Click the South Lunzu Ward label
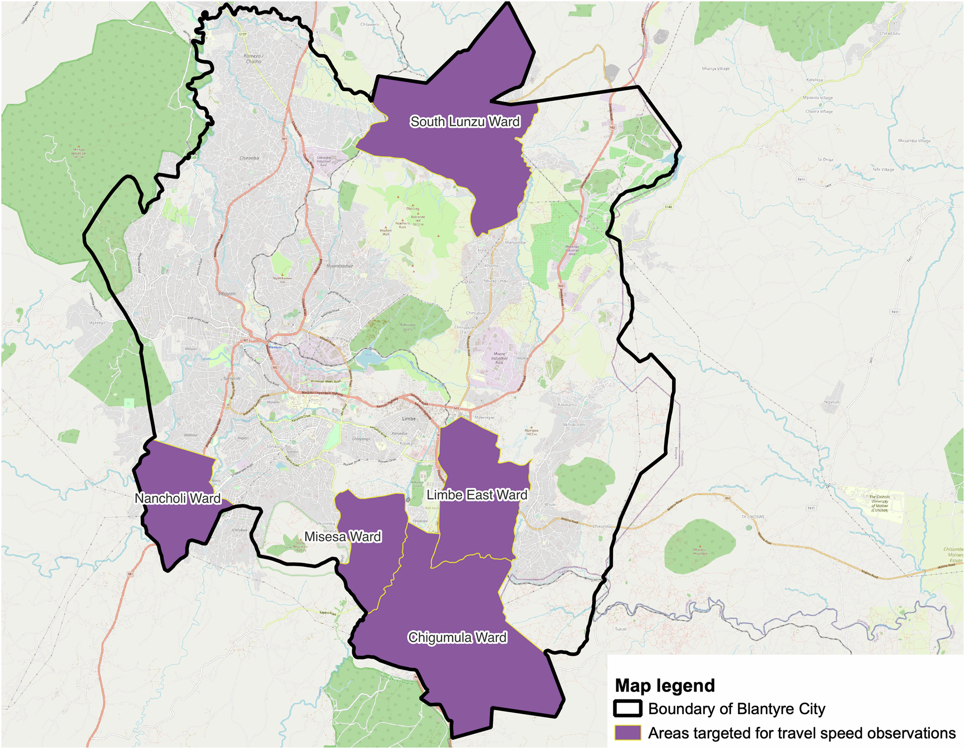click(465, 122)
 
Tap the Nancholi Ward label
click(178, 498)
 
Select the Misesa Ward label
click(343, 536)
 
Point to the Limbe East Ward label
click(477, 495)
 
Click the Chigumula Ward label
click(457, 638)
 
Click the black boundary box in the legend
click(628, 708)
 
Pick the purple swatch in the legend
click(628, 733)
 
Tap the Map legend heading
click(664, 685)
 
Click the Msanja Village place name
click(716, 68)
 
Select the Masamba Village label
click(914, 141)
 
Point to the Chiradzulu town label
click(890, 33)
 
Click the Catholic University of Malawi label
click(880, 502)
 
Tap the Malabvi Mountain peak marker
click(700, 550)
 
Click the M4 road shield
click(728, 498)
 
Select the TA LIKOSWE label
click(753, 517)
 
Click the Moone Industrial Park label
click(499, 358)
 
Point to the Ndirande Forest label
click(408, 327)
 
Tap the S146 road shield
click(668, 207)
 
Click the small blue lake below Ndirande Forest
click(367, 358)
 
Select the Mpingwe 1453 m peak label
click(531, 432)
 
